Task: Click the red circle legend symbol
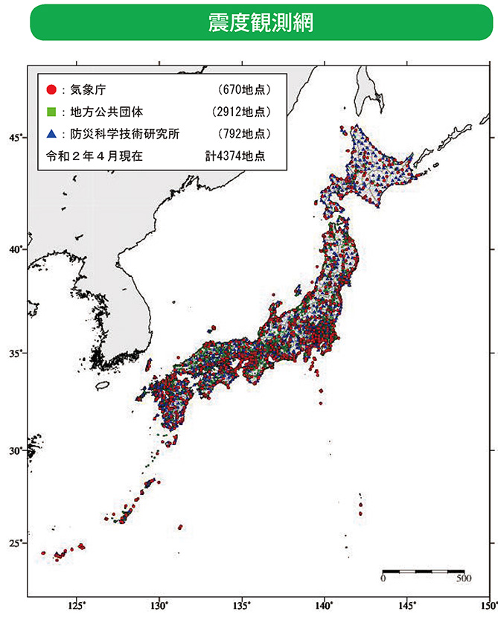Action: [51, 90]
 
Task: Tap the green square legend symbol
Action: [51, 112]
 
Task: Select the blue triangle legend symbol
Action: [51, 134]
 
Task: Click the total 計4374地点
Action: [235, 156]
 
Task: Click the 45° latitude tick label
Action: [15, 138]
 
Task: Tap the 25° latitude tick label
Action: [15, 543]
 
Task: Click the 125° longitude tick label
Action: [76, 605]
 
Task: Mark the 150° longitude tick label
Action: [488, 605]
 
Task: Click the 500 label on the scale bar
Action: [463, 578]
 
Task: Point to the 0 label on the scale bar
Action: [383, 578]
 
